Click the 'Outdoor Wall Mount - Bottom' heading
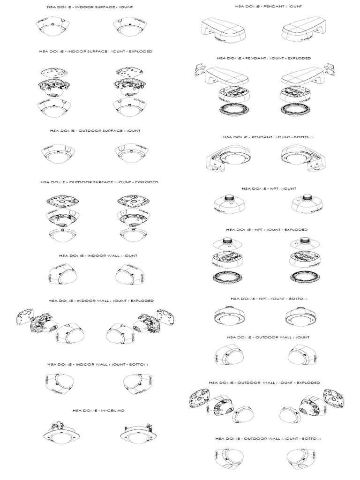[269, 439]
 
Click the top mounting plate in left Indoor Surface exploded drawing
[55, 71]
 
